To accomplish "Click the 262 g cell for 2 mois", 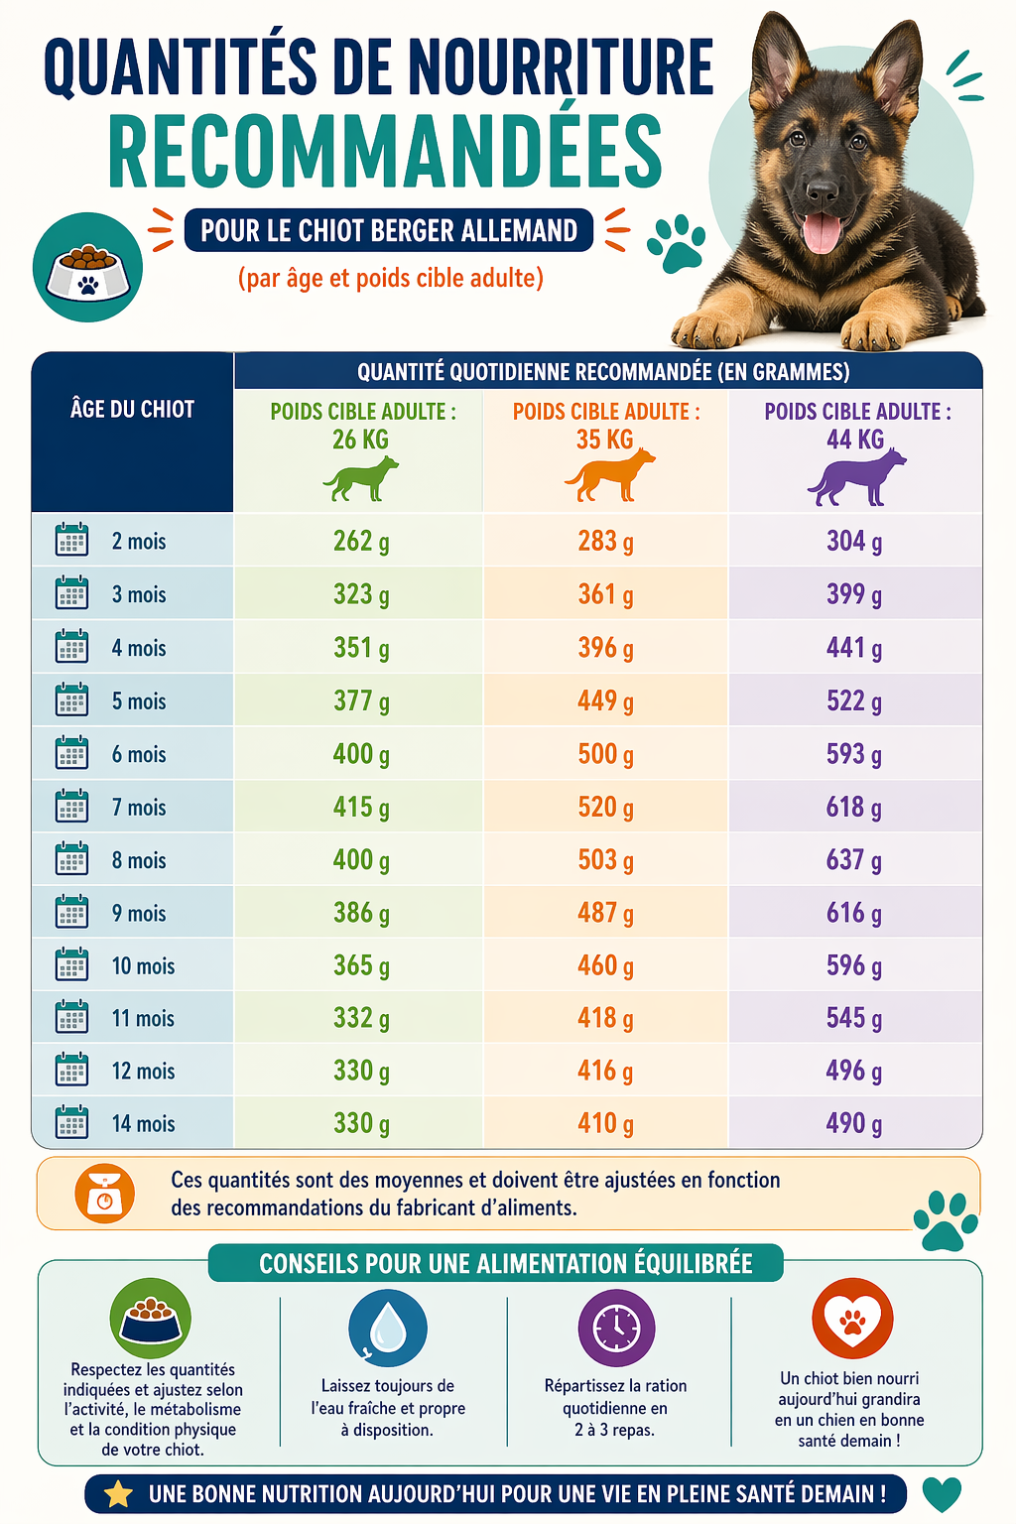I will pyautogui.click(x=360, y=541).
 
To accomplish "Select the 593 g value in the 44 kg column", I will pyautogui.click(x=853, y=754).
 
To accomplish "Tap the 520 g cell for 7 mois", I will pyautogui.click(x=605, y=808).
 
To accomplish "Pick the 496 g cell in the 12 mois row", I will pyautogui.click(x=853, y=1071).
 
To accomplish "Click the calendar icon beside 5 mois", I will pyautogui.click(x=71, y=700).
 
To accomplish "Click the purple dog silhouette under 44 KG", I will pyautogui.click(x=857, y=476).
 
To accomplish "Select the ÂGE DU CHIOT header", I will pyautogui.click(x=132, y=409).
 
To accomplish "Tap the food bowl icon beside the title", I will pyautogui.click(x=87, y=268).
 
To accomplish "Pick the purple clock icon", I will pyautogui.click(x=616, y=1328).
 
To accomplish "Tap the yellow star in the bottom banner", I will pyautogui.click(x=118, y=1494).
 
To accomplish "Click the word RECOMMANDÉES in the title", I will pyautogui.click(x=385, y=152).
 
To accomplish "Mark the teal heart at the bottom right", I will pyautogui.click(x=942, y=1493).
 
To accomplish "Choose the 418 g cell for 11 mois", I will pyautogui.click(x=605, y=1018).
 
